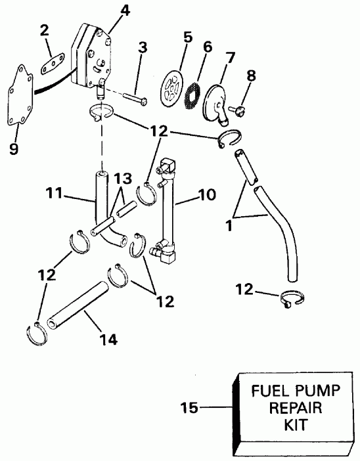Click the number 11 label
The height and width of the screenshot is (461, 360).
(x=55, y=194)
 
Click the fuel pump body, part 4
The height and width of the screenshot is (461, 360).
(x=99, y=56)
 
